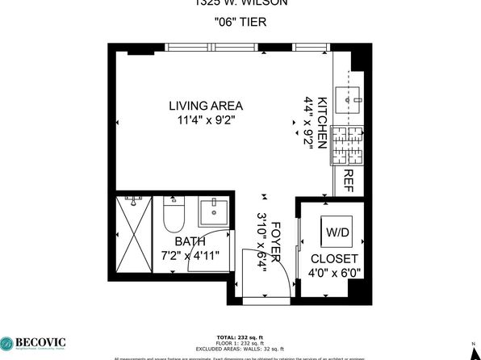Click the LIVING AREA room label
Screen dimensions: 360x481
point(206,105)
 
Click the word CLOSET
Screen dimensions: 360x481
point(335,258)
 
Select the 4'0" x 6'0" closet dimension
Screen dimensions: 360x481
point(335,273)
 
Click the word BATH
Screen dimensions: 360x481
point(190,241)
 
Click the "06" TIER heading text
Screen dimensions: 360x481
point(240,23)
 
